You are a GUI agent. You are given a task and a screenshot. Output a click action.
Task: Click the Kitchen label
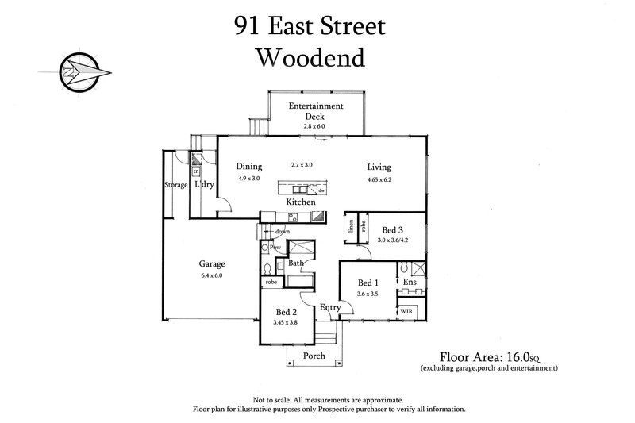(x=301, y=203)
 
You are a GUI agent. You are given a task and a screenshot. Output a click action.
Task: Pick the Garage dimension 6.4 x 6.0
(x=212, y=275)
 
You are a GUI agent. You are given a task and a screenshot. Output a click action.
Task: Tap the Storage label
(x=175, y=185)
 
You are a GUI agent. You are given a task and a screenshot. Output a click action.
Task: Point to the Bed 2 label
(x=287, y=312)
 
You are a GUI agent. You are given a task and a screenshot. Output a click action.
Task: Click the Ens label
(x=410, y=282)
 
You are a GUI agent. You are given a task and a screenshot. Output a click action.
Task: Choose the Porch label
(x=314, y=356)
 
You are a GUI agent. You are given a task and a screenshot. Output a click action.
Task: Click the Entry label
(x=330, y=307)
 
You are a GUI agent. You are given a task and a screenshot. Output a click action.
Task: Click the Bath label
(x=296, y=263)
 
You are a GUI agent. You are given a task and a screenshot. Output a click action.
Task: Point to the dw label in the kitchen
(x=321, y=191)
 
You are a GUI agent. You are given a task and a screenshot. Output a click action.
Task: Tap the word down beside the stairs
(x=283, y=232)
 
